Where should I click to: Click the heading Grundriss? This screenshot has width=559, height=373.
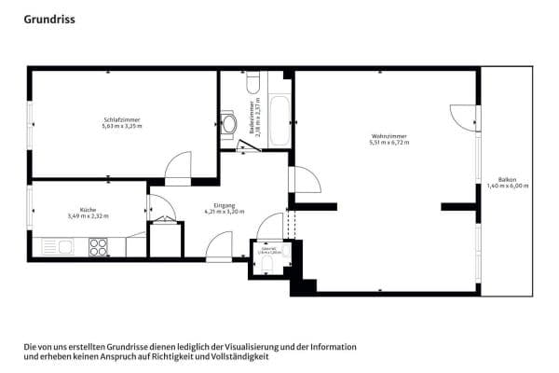tap(49, 18)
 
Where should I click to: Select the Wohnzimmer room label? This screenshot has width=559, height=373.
tap(388, 136)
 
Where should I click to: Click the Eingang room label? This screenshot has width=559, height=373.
tap(225, 205)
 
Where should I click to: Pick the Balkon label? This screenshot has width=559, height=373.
tap(507, 180)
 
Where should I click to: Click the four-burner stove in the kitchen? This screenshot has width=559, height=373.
tap(98, 247)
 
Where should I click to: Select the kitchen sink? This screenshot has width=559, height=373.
tap(64, 247)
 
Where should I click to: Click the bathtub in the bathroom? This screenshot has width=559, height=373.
tap(278, 119)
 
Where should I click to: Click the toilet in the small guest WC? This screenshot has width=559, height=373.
tap(268, 266)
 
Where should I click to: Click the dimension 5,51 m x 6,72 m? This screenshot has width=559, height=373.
tap(388, 143)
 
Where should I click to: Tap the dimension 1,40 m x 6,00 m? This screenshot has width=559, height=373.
tap(507, 186)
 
